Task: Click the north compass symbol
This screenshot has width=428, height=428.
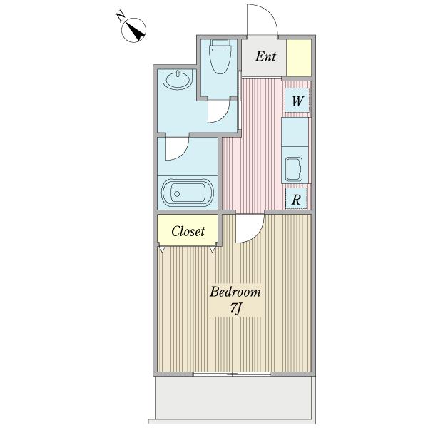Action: pyautogui.click(x=133, y=30)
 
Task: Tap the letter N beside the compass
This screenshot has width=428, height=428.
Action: pyautogui.click(x=120, y=16)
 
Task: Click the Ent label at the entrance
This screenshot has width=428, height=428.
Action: pyautogui.click(x=265, y=56)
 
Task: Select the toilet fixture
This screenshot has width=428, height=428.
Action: pyautogui.click(x=220, y=56)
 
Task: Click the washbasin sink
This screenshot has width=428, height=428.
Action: pyautogui.click(x=178, y=79)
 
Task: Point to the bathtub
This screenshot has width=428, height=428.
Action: pyautogui.click(x=188, y=193)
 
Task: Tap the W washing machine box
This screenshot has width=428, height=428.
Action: pyautogui.click(x=297, y=100)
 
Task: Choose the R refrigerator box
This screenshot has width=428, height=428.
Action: pyautogui.click(x=296, y=199)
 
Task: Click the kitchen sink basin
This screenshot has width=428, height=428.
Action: pyautogui.click(x=294, y=169)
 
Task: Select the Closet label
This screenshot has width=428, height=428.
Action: pyautogui.click(x=188, y=231)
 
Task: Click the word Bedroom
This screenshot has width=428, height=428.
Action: pyautogui.click(x=235, y=292)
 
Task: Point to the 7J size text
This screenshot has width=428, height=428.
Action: pyautogui.click(x=235, y=309)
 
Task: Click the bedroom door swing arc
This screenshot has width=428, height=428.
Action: pyautogui.click(x=257, y=234)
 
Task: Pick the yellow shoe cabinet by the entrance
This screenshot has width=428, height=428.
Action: pyautogui.click(x=299, y=58)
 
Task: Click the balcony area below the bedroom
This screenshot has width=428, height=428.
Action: pyautogui.click(x=233, y=399)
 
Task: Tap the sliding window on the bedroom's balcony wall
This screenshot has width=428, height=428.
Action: pyautogui.click(x=233, y=374)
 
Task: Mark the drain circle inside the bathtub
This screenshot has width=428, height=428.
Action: pyautogui.click(x=177, y=194)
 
